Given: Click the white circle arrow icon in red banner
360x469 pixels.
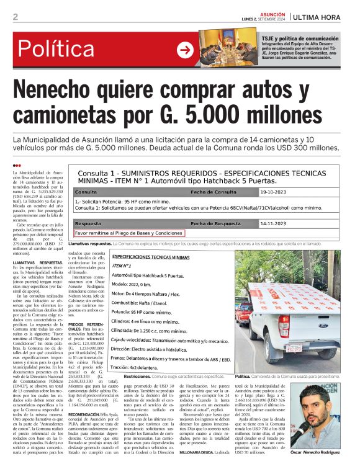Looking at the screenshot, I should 185,50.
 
